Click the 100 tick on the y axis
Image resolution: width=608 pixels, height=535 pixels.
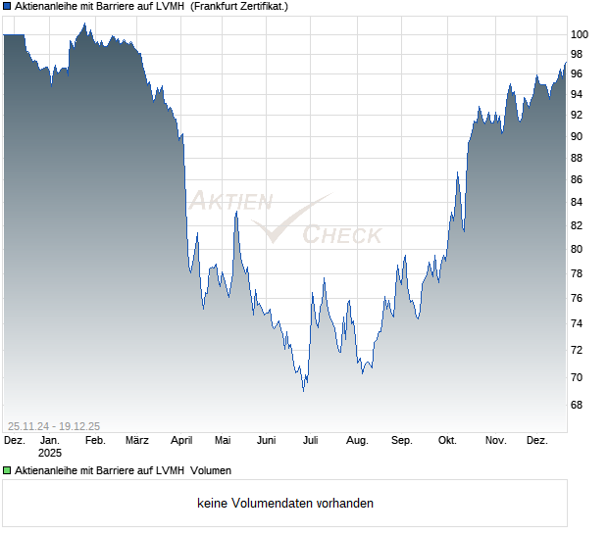point(580,34)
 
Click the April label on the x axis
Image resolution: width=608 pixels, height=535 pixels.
point(181,441)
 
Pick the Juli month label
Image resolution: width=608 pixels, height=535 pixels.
point(311,441)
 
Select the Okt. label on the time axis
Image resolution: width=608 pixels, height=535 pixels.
point(447,441)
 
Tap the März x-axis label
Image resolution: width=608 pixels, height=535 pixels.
point(137,441)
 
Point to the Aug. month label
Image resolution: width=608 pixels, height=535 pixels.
point(357,441)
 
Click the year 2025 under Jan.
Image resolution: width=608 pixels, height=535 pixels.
point(50,454)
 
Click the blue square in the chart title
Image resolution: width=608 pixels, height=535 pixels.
point(7,7)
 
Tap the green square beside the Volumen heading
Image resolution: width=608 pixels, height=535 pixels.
point(7,470)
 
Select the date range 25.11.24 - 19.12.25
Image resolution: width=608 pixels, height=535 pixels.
point(54,425)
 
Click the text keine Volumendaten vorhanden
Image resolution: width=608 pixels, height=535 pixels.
point(285,504)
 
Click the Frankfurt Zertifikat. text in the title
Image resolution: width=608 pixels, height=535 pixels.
point(239,7)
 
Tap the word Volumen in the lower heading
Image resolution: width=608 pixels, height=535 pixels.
point(211,470)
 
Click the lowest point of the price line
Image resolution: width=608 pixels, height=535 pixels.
point(303,390)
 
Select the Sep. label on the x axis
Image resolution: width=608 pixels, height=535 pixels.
point(402,441)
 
